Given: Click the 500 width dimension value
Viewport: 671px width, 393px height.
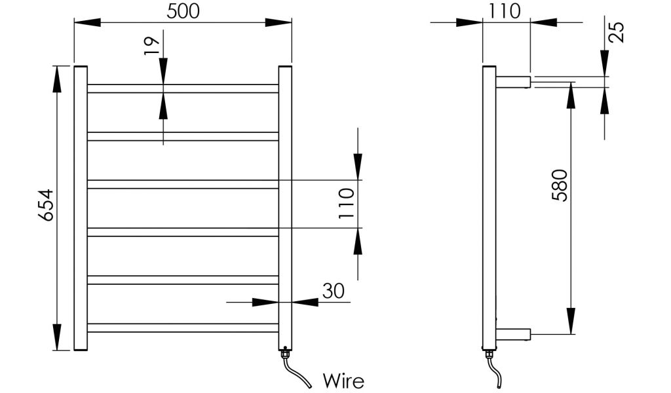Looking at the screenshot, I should click(x=183, y=11).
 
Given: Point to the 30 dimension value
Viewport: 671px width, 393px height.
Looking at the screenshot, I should click(x=334, y=290).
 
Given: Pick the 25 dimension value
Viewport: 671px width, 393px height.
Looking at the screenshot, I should click(x=615, y=32).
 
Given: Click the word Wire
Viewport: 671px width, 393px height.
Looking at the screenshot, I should click(x=343, y=380).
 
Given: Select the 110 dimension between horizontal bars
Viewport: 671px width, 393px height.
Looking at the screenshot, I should click(x=347, y=203).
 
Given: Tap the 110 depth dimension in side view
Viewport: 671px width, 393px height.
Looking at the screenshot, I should click(x=505, y=11).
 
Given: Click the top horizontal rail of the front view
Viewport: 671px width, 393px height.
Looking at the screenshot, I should click(x=183, y=88).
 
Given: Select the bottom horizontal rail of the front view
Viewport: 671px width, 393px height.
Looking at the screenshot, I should click(x=183, y=327).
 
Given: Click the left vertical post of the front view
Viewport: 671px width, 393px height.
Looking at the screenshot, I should click(x=81, y=208).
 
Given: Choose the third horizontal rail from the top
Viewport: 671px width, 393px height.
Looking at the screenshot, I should click(x=183, y=184).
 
